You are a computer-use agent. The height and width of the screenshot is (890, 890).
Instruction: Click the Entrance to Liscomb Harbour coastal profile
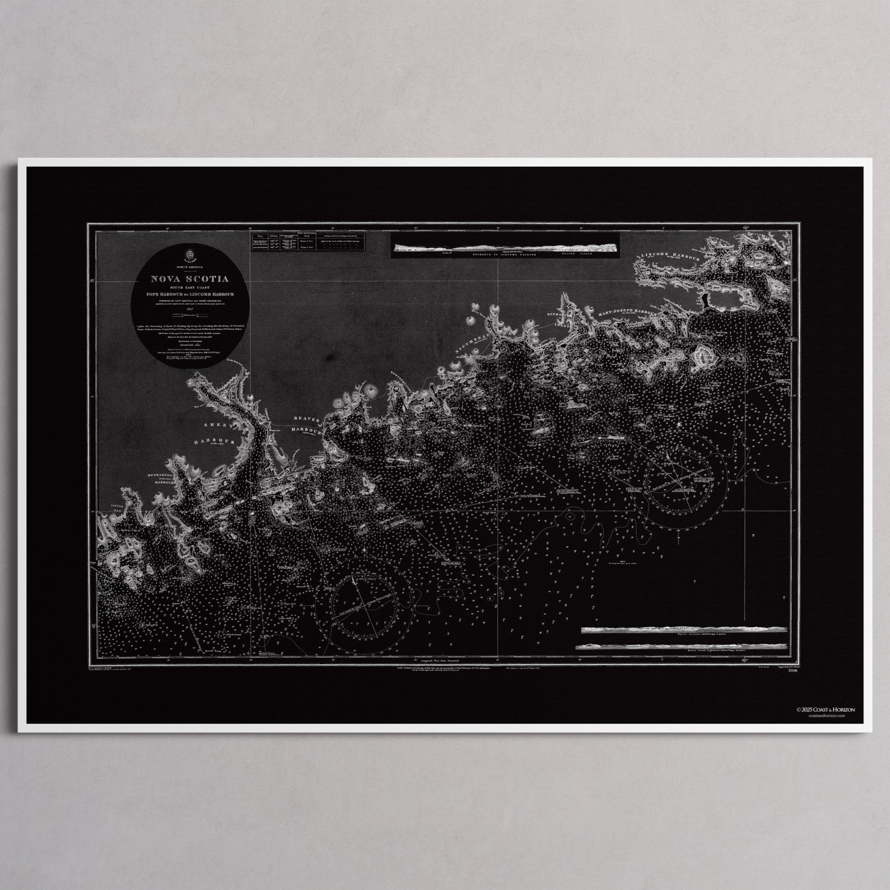click(505, 248)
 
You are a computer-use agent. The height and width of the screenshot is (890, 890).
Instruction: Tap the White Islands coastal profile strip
click(683, 630)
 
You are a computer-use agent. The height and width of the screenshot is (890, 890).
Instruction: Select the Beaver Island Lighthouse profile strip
click(683, 645)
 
